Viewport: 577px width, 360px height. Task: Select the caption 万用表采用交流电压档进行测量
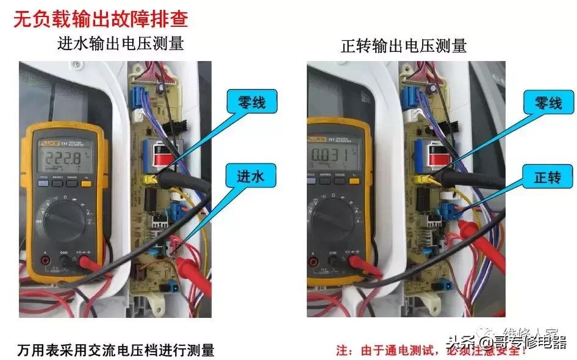115,350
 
